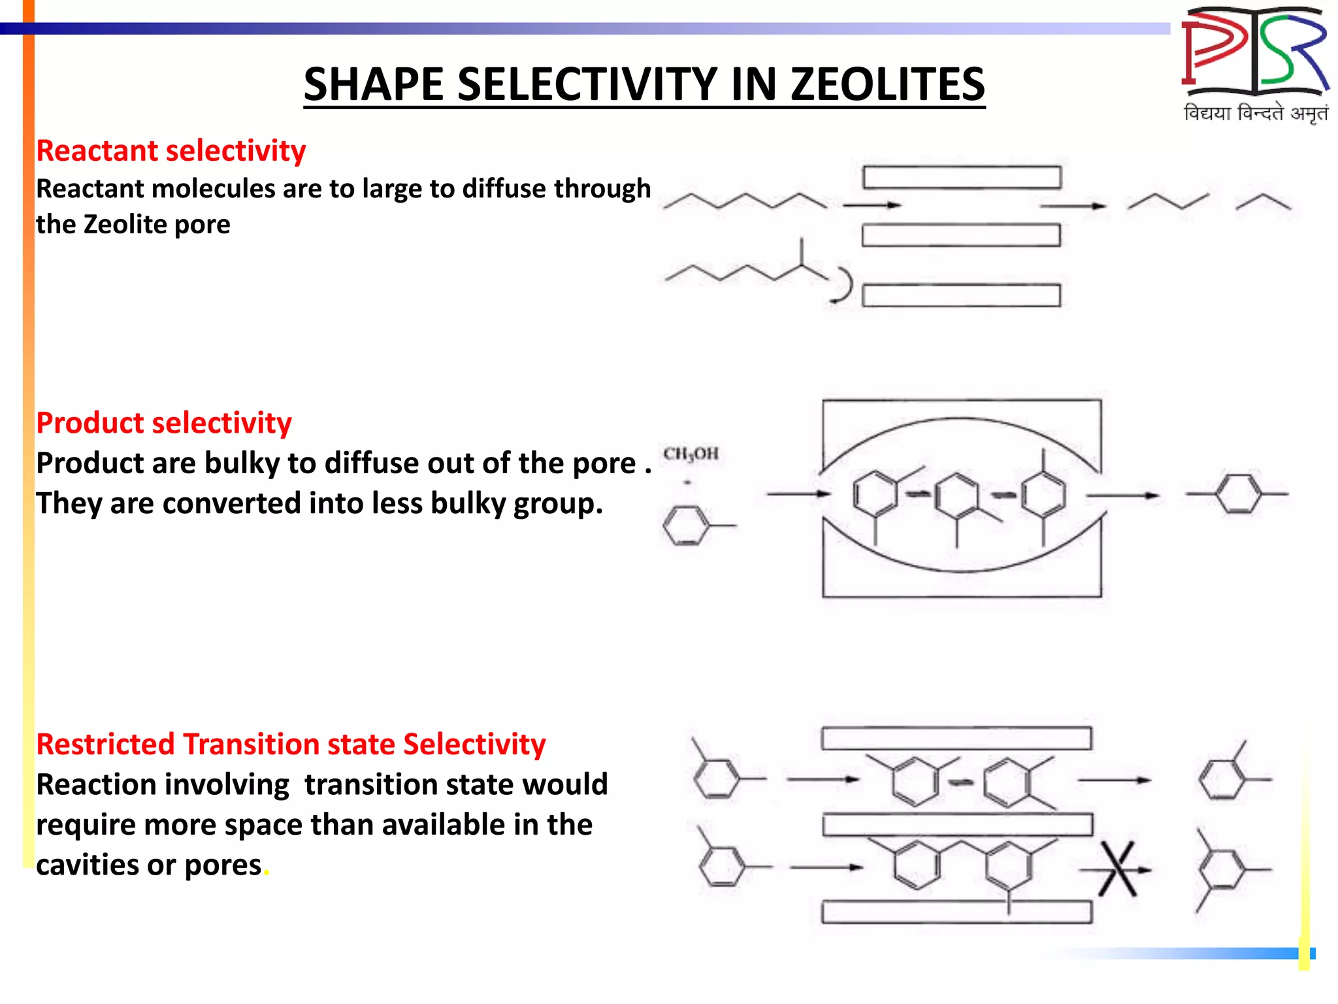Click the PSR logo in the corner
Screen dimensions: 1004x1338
tap(1255, 52)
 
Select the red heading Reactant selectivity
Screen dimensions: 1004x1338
tap(171, 151)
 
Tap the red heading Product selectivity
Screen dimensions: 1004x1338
tap(164, 423)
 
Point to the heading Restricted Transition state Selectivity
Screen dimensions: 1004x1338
tap(291, 745)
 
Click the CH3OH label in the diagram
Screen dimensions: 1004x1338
tap(691, 454)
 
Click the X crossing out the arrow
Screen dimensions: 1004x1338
tap(1117, 869)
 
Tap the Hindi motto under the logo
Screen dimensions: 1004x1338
tap(1255, 113)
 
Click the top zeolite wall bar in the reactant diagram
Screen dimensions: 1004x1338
tap(961, 177)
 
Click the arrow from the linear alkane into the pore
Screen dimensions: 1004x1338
tap(872, 205)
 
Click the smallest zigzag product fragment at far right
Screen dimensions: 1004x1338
tap(1263, 202)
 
